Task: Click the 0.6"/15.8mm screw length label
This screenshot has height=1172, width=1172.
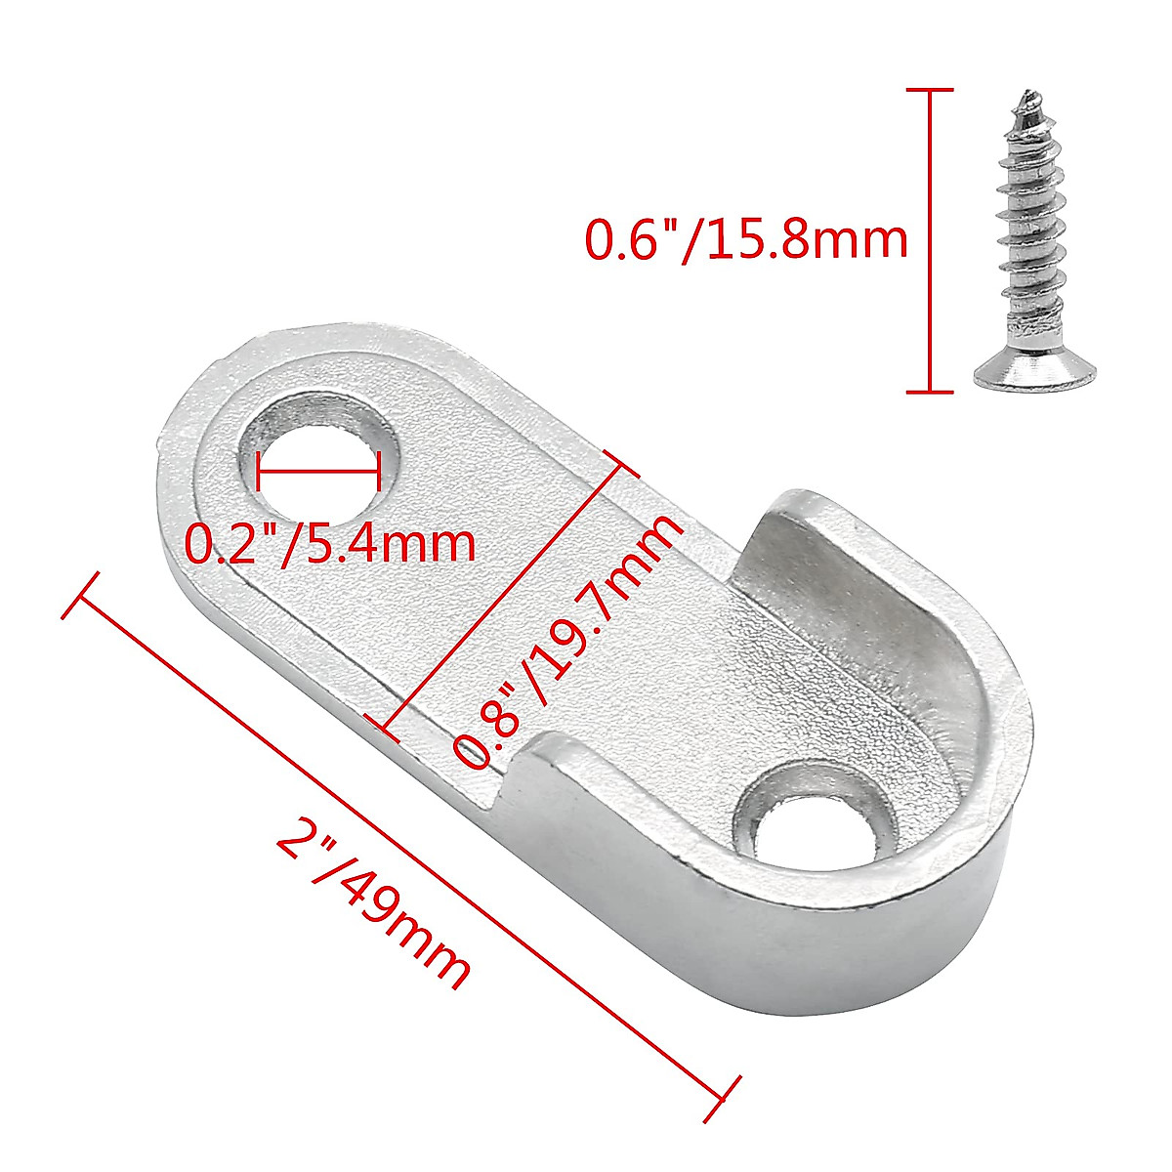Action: tap(745, 240)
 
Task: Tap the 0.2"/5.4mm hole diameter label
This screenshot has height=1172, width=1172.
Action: tap(330, 544)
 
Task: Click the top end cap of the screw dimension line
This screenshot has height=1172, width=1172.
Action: tap(929, 90)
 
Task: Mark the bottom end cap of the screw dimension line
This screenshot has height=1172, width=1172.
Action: tap(929, 393)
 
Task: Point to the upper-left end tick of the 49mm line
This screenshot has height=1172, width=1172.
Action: tap(80, 595)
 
